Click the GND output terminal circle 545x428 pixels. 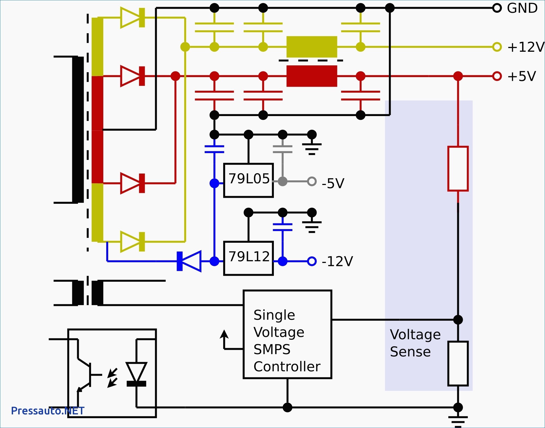click(x=497, y=8)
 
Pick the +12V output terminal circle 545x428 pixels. click(x=497, y=47)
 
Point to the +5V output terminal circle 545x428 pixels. click(x=497, y=76)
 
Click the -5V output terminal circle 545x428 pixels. click(x=312, y=181)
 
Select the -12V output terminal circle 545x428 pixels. click(x=312, y=261)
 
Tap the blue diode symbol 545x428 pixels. click(x=189, y=261)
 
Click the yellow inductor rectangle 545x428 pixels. click(x=312, y=47)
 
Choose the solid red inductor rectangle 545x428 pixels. click(x=312, y=76)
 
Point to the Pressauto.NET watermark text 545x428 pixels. click(x=48, y=411)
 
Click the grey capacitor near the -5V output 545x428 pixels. click(x=283, y=149)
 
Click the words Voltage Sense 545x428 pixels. click(x=415, y=343)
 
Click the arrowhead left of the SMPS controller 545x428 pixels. click(x=224, y=334)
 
